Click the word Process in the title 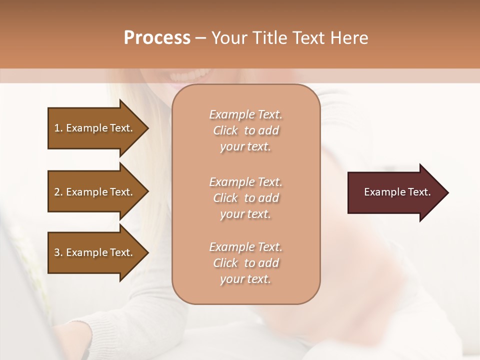point(157,38)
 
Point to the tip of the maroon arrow point(447,192)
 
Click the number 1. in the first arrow point(58,128)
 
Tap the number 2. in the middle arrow point(58,192)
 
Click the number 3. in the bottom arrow point(58,252)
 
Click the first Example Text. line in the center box point(245,114)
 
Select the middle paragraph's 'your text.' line point(245,214)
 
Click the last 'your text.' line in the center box point(245,279)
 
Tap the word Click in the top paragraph point(225,130)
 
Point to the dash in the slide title point(200,38)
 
